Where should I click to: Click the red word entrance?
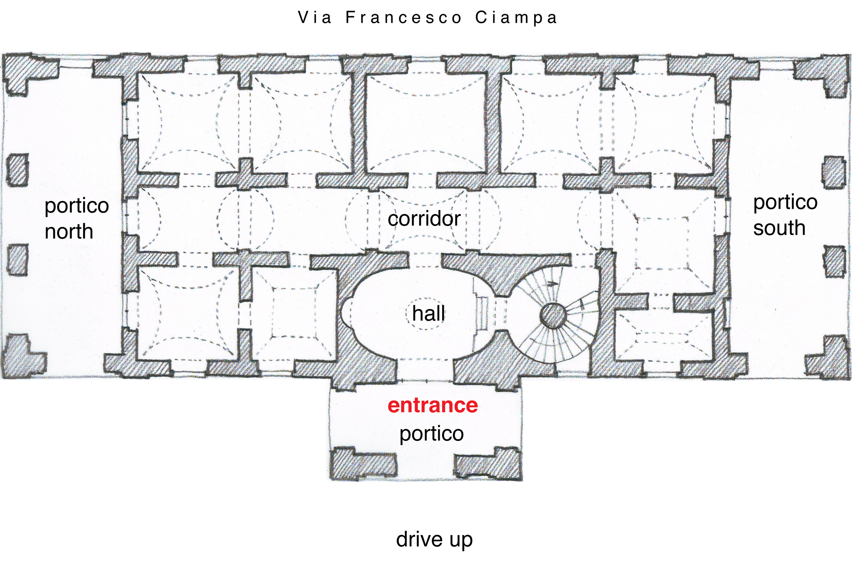coord(432,405)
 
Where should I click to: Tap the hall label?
coord(428,313)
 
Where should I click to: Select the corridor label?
coord(424,219)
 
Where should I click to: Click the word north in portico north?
coord(69,232)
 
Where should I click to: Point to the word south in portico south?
coord(779,228)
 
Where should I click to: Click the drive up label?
coord(434,539)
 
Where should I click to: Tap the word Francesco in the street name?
coord(404,18)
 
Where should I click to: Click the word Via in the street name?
coord(314,18)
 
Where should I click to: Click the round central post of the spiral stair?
coord(553,316)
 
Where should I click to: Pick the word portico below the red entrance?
coord(431,434)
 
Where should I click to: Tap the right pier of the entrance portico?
coord(489,463)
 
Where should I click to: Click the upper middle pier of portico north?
coord(17,170)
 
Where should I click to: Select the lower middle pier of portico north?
coord(18,260)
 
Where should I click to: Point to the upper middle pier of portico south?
coord(835,173)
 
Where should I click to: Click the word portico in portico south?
coord(785,202)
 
